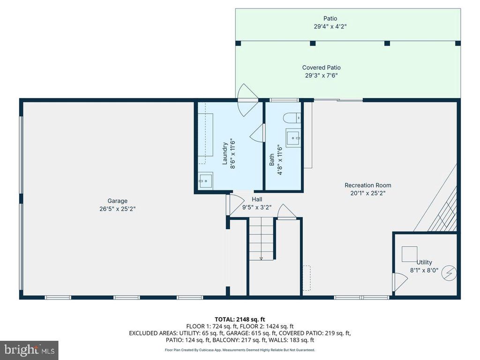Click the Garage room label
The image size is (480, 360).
(117, 201)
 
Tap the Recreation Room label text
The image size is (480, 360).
(367, 185)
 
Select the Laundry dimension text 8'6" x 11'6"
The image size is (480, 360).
(233, 154)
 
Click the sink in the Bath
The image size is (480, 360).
(293, 138)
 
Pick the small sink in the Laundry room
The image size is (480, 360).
(205, 180)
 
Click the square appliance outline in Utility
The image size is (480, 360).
(409, 254)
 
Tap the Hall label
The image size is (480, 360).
(257, 199)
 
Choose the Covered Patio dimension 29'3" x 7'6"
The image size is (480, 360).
(321, 75)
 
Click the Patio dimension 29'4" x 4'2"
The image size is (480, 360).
(330, 26)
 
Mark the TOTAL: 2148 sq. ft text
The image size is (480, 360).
(240, 320)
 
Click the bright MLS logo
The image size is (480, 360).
(29, 350)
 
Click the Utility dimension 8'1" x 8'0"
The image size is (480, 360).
(424, 270)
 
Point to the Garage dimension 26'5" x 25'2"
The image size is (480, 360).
(117, 209)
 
